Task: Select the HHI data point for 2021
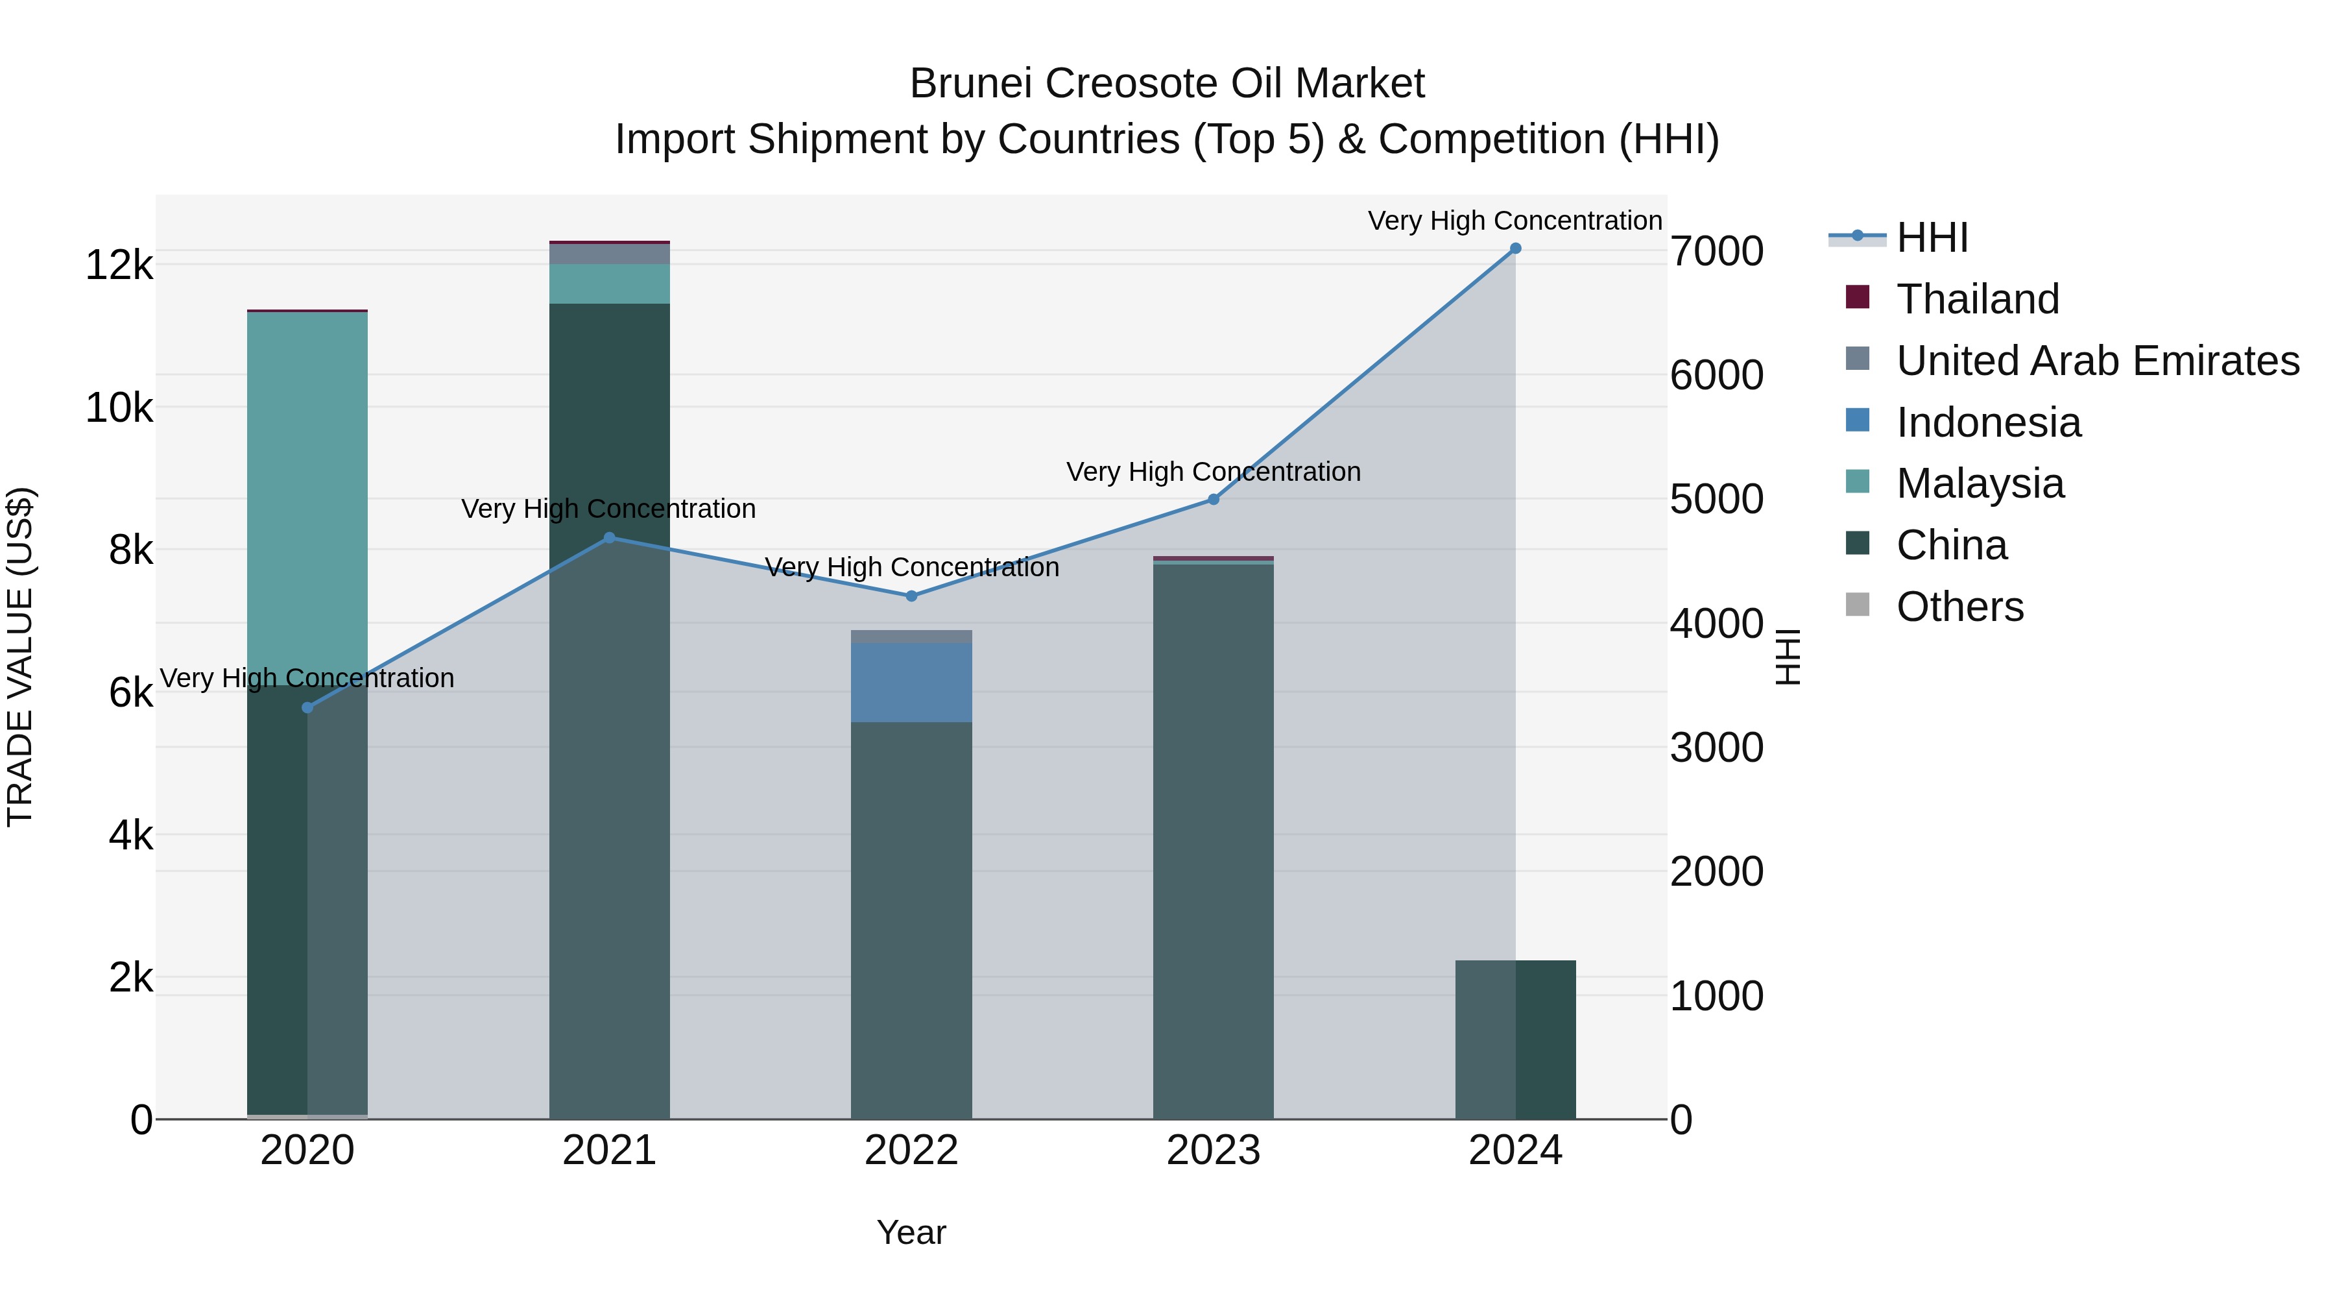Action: click(x=609, y=538)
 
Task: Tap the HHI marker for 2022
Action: click(x=911, y=596)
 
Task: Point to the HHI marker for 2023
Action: click(x=1214, y=500)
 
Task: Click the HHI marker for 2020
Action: click(x=307, y=707)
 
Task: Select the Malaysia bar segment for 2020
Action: click(x=307, y=490)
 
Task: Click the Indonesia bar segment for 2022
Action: click(x=911, y=682)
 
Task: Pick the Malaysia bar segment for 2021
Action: click(x=609, y=284)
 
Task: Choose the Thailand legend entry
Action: click(x=1977, y=299)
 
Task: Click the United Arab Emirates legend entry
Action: click(x=2096, y=361)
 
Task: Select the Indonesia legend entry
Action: click(x=1988, y=422)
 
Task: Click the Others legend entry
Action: click(x=1959, y=607)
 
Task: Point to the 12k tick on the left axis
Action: click(x=119, y=265)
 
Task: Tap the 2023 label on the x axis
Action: click(x=1213, y=1150)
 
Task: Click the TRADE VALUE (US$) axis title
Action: click(x=20, y=657)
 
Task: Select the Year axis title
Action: click(x=911, y=1232)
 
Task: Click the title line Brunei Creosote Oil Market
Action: click(x=1167, y=84)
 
